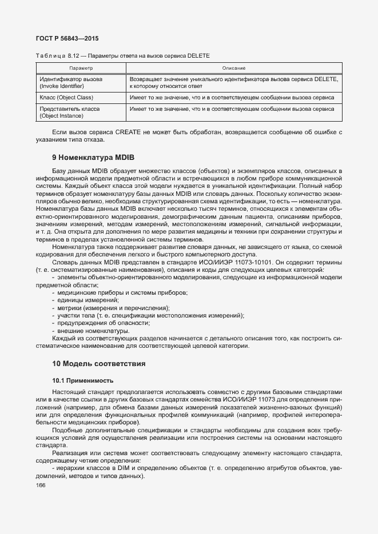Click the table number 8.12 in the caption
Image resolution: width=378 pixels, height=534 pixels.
[73, 56]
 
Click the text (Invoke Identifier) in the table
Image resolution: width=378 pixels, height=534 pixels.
[62, 86]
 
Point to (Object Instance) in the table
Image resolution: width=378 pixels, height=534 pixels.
[62, 116]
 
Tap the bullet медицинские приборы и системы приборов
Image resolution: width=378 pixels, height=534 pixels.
[122, 292]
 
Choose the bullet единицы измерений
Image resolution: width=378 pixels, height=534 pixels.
[87, 300]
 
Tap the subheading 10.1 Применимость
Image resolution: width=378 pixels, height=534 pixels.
[82, 380]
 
